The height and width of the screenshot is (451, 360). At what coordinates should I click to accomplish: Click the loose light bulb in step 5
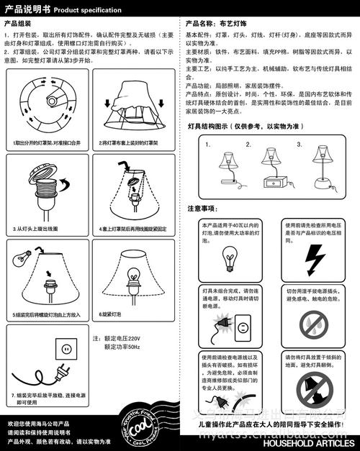pos(24,256)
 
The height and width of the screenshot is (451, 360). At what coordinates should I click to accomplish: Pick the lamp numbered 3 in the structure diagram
pos(316,165)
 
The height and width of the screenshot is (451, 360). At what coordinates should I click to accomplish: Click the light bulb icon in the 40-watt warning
pos(230,256)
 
